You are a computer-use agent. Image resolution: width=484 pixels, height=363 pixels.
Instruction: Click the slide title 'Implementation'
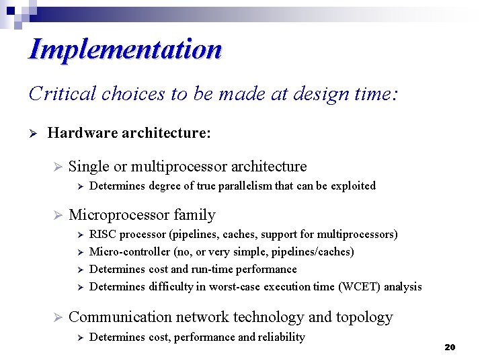pyautogui.click(x=125, y=50)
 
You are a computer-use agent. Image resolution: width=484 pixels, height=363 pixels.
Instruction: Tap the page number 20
pyautogui.click(x=450, y=348)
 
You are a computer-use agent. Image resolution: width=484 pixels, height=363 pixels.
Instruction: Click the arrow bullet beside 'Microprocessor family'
pyautogui.click(x=57, y=216)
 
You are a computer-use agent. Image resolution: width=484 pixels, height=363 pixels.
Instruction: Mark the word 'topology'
pyautogui.click(x=368, y=318)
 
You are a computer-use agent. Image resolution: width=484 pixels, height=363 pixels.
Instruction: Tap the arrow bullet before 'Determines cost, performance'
pyautogui.click(x=79, y=337)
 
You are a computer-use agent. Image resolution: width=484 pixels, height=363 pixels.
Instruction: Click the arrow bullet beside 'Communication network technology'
pyautogui.click(x=57, y=318)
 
